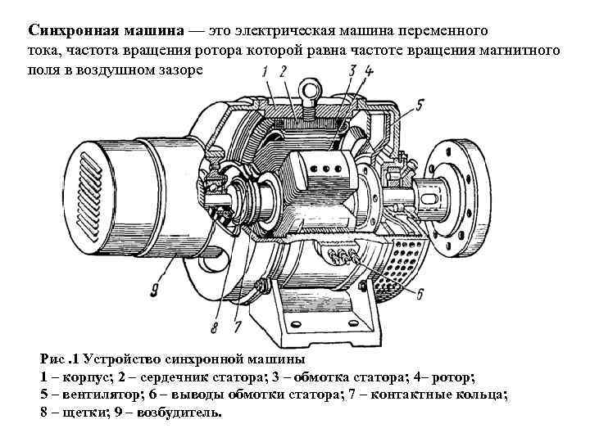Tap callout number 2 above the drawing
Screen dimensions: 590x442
(284, 72)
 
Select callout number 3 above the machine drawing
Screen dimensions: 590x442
(352, 71)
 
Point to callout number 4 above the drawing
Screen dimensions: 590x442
(370, 71)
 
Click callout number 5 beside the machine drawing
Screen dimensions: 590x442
(420, 104)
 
